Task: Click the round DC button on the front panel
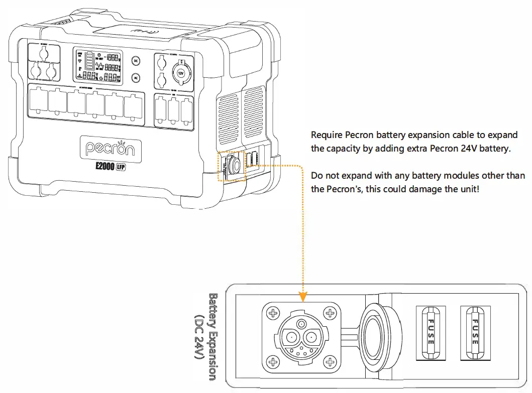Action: (135, 61)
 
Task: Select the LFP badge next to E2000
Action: (121, 168)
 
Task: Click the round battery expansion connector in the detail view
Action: (300, 336)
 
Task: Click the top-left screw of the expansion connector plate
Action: (273, 313)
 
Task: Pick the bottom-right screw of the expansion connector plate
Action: (330, 361)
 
